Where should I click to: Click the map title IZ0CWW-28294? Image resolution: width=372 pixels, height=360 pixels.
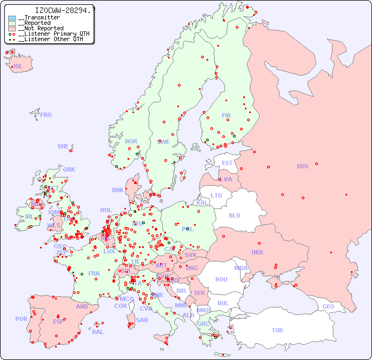point(64,10)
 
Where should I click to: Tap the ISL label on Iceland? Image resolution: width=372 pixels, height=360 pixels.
point(18,67)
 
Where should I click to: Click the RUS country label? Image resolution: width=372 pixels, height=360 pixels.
point(302,166)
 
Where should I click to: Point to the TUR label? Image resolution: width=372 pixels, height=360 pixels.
point(277,330)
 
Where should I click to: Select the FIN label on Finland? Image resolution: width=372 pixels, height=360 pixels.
point(226,115)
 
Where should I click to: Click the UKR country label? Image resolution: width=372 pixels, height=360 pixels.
point(257,252)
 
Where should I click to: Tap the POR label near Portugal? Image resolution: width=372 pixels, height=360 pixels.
point(21,319)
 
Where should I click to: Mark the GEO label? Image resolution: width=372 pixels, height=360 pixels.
point(328,306)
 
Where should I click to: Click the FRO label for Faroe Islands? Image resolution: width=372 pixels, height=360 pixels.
point(46,115)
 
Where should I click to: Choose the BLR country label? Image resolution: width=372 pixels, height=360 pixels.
point(234,215)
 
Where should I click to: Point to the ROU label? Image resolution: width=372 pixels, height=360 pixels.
point(221,279)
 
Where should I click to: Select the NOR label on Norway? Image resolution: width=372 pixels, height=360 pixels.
point(131,141)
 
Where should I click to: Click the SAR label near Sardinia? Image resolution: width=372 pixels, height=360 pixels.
point(142,320)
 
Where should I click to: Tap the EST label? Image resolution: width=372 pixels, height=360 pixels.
point(227,163)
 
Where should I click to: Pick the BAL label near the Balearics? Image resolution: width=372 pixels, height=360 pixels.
point(97,332)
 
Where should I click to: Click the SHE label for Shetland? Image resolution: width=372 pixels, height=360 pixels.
point(63,146)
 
